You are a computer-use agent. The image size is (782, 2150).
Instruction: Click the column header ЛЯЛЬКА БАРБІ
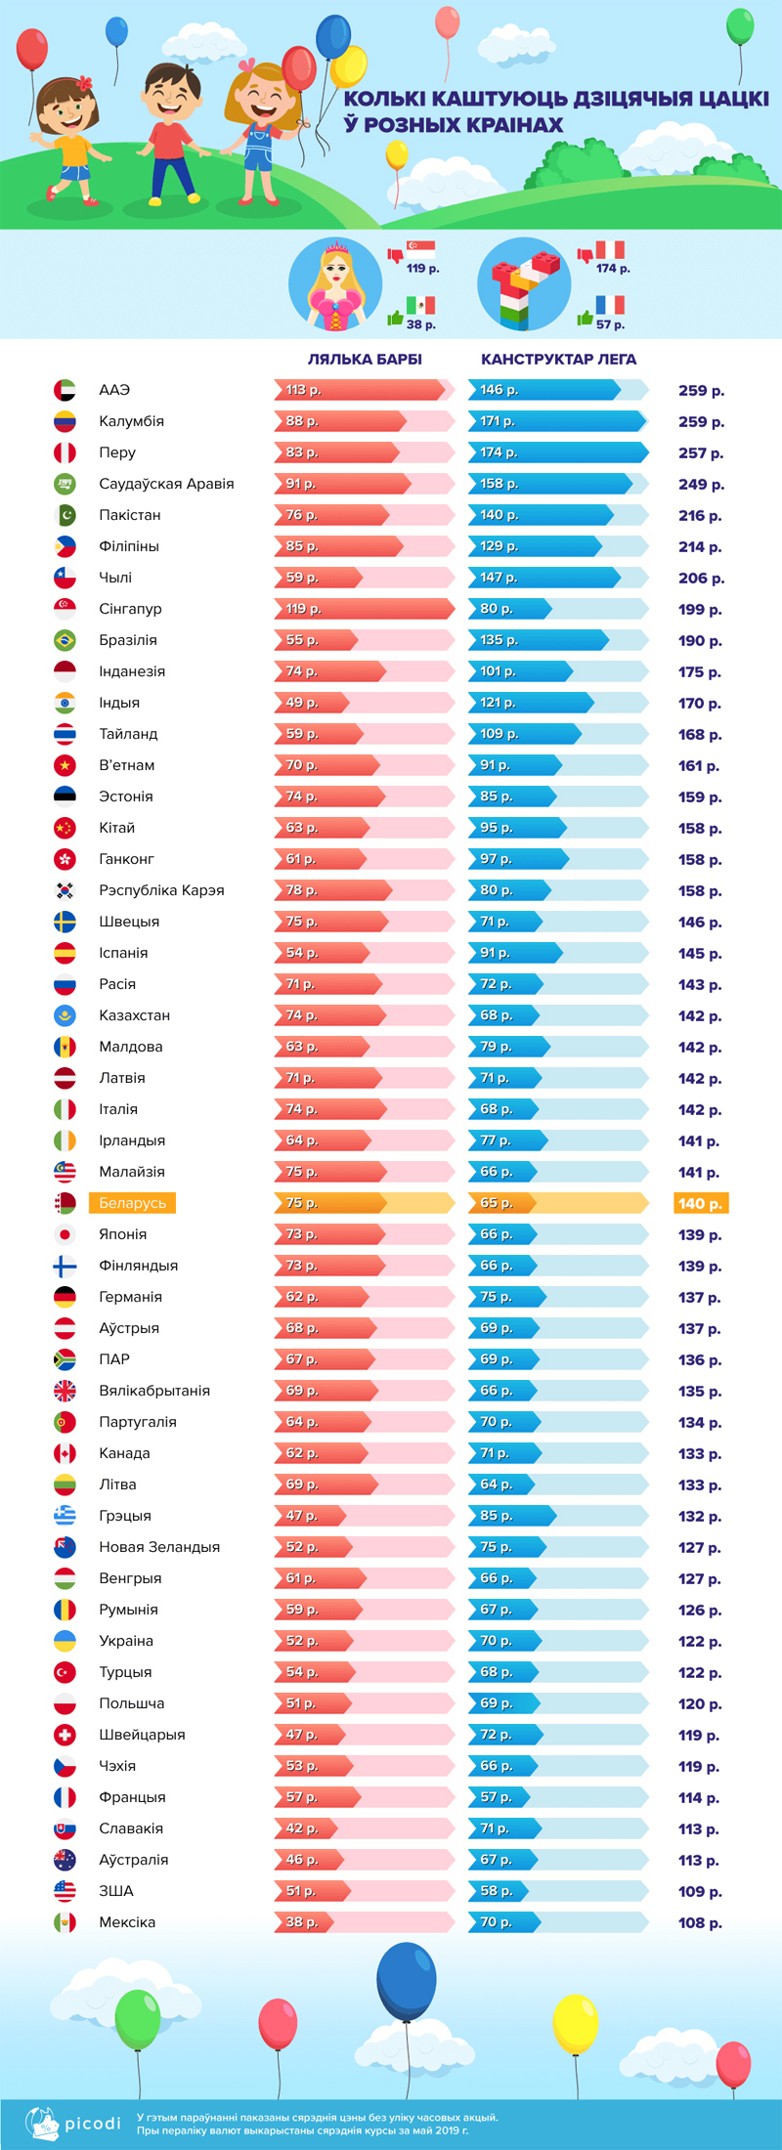tap(365, 360)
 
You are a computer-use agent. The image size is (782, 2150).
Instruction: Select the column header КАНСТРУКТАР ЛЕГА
tap(558, 360)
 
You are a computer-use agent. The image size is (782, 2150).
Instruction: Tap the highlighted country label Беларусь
tap(132, 1203)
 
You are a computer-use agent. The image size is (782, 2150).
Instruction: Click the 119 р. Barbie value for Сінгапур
tap(303, 609)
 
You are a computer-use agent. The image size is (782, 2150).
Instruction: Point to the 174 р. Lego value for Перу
tap(498, 452)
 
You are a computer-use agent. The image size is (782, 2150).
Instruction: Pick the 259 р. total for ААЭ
tap(701, 391)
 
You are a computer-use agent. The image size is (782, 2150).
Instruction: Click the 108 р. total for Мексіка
tap(700, 1923)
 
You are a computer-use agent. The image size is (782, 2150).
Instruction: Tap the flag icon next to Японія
tap(65, 1234)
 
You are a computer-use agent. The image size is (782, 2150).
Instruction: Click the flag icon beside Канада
tap(65, 1453)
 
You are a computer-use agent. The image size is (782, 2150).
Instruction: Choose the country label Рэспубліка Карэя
tap(161, 890)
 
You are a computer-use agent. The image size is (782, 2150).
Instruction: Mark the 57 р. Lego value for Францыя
tap(496, 1797)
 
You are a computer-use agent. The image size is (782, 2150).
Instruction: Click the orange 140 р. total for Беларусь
tap(700, 1204)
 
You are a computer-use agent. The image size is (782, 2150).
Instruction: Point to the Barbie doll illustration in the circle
tap(335, 284)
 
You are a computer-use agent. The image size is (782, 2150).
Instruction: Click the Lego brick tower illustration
tap(524, 284)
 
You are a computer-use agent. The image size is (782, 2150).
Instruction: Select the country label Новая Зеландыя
tap(159, 1547)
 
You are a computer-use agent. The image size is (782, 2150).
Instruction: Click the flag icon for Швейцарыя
tap(65, 1735)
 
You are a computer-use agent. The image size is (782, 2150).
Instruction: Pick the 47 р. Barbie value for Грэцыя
tap(301, 1516)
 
